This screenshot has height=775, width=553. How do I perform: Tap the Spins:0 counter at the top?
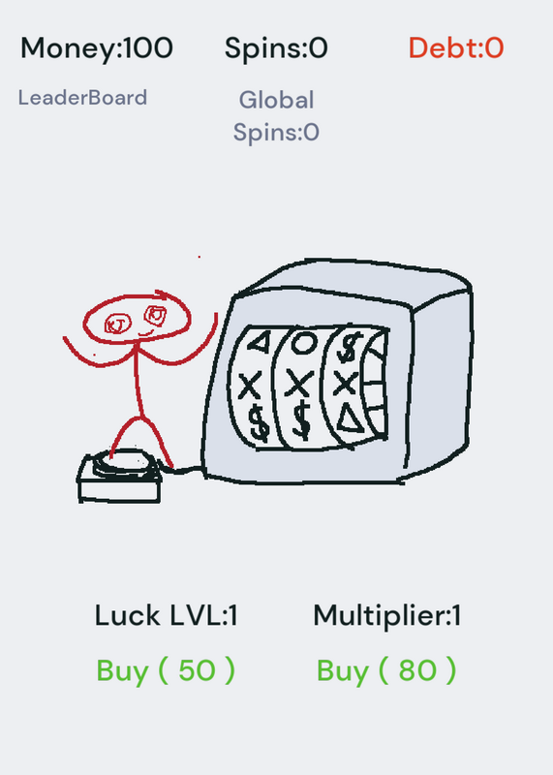click(276, 48)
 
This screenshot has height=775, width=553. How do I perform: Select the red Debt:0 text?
click(456, 48)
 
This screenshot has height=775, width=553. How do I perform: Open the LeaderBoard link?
click(82, 98)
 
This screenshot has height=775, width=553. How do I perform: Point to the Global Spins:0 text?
click(276, 116)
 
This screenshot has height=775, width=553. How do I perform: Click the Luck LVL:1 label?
click(166, 616)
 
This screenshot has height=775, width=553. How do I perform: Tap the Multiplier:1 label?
click(387, 616)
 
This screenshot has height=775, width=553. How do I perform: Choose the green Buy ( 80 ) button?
click(386, 670)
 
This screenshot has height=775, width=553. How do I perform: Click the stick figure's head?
click(137, 319)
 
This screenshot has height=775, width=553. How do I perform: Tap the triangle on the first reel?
click(260, 342)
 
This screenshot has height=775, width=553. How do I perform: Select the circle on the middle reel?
click(303, 343)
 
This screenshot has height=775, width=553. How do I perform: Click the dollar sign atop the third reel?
click(348, 347)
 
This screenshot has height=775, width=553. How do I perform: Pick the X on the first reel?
click(250, 386)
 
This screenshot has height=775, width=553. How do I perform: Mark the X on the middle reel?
click(299, 384)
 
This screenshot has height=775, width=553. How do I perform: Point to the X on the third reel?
click(345, 383)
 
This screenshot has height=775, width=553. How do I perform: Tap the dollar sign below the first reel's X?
click(259, 422)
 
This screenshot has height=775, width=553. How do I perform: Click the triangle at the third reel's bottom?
click(352, 419)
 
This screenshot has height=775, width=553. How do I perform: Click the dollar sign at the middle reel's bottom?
click(301, 420)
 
